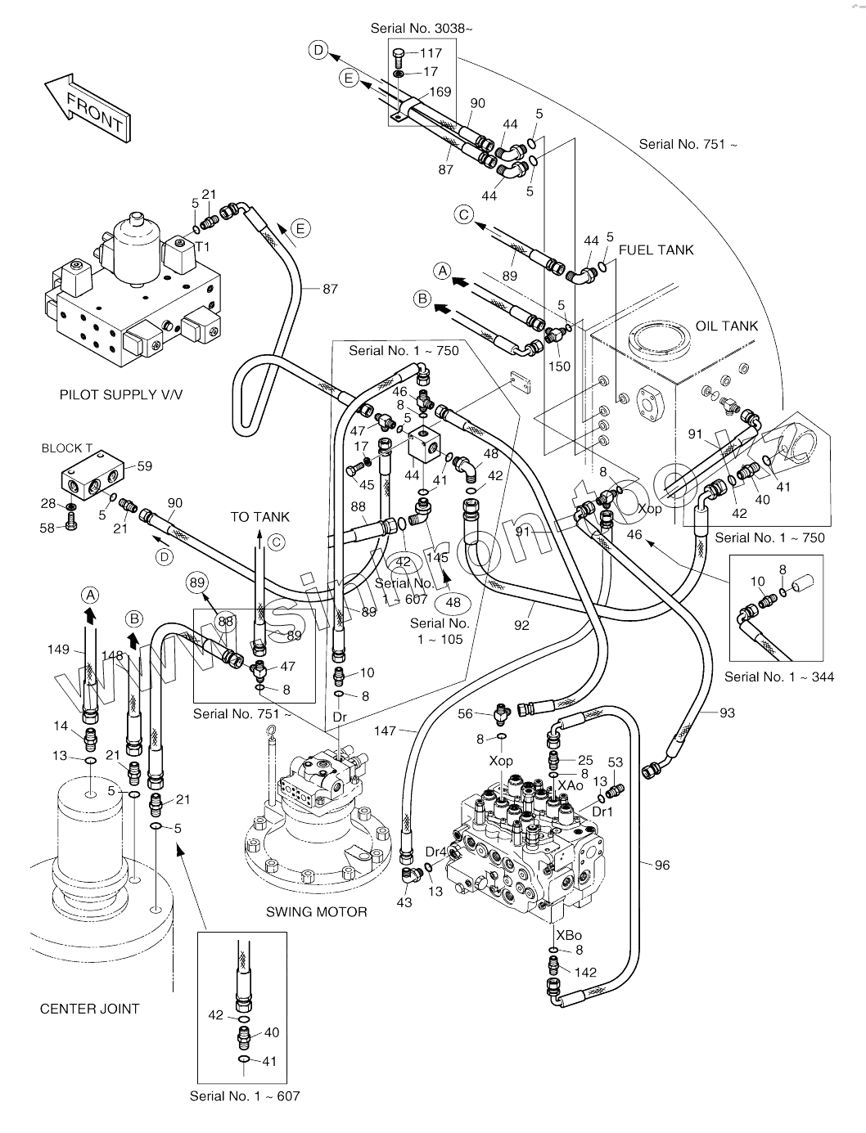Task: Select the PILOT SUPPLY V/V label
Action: (x=121, y=395)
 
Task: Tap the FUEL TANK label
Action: (x=656, y=250)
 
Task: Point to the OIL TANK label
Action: (x=726, y=326)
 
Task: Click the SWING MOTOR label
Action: (x=316, y=911)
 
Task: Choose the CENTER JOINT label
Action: (x=89, y=1009)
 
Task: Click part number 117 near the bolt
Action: (x=431, y=53)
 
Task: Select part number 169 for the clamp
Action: (x=440, y=92)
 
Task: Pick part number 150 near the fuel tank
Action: (x=559, y=366)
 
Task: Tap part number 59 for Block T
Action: (x=145, y=467)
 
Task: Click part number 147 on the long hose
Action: (x=386, y=730)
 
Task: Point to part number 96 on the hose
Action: (x=661, y=865)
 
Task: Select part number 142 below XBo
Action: (x=585, y=973)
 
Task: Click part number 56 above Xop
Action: (x=466, y=713)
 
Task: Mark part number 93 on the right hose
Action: (x=727, y=713)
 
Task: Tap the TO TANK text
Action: (x=259, y=517)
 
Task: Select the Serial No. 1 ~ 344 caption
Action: (x=779, y=677)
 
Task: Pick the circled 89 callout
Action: (x=196, y=583)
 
